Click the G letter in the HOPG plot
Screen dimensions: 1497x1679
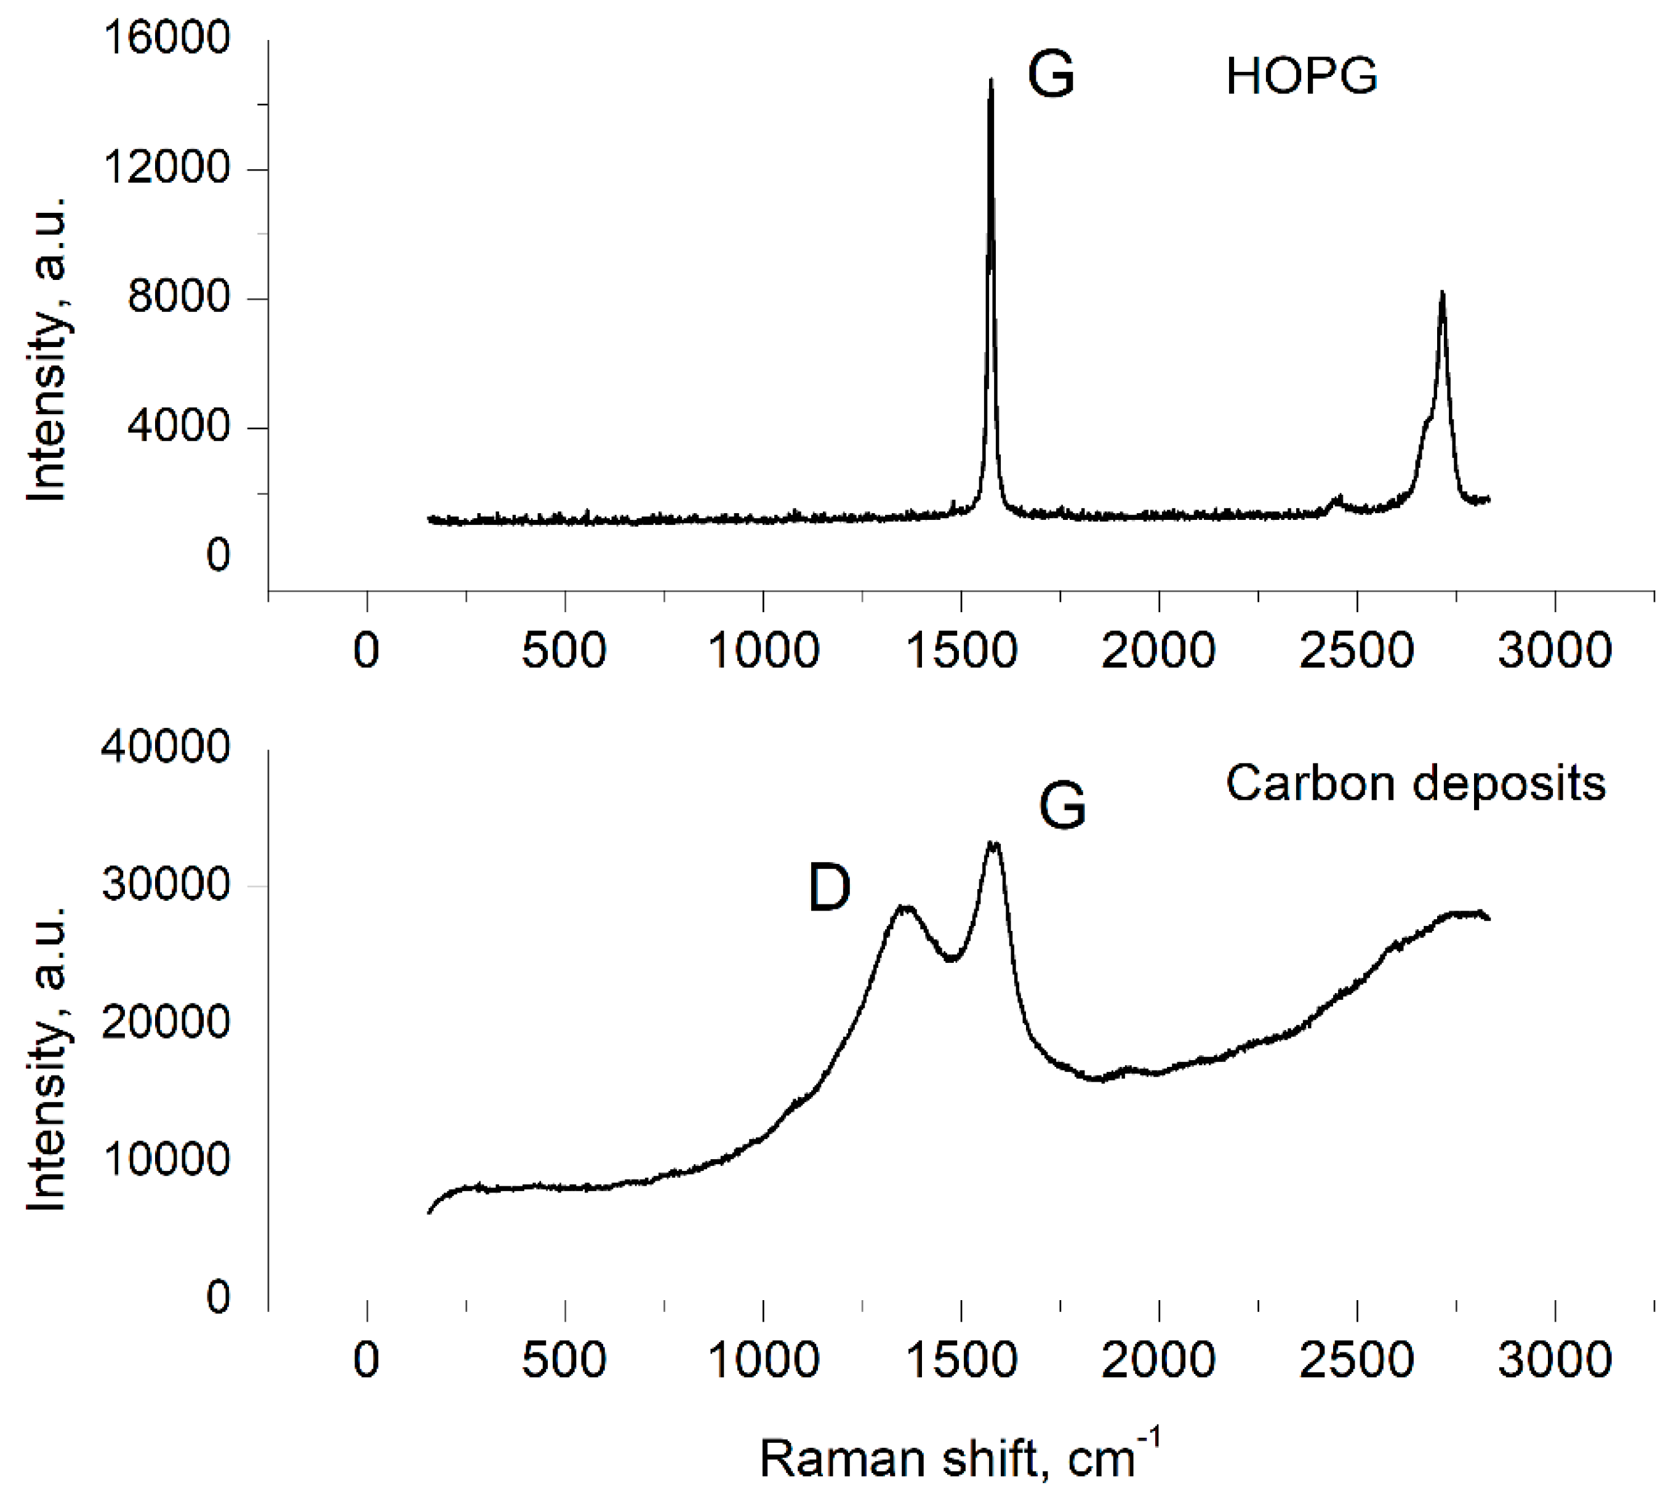(x=1051, y=74)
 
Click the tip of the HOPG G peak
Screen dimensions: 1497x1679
(x=992, y=81)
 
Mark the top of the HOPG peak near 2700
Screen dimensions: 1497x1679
(x=1442, y=293)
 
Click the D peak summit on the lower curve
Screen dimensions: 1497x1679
(x=905, y=908)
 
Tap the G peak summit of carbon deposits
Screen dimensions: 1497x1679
(x=994, y=843)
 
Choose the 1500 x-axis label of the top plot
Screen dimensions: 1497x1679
(x=961, y=650)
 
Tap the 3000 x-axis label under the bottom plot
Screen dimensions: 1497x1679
(x=1554, y=1360)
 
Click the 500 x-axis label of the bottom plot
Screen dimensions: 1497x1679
(x=564, y=1360)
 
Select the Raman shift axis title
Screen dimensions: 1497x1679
(x=959, y=1458)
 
